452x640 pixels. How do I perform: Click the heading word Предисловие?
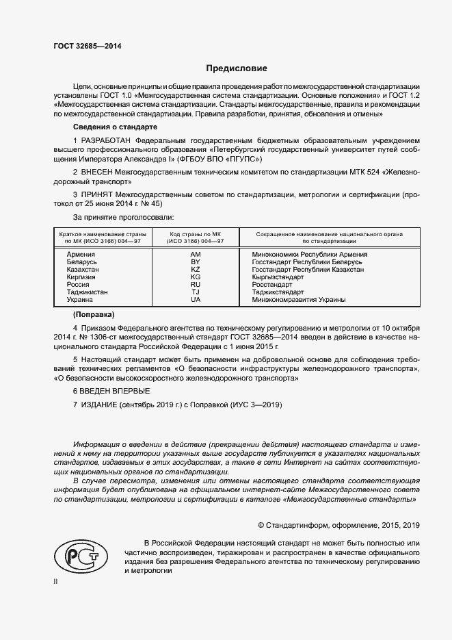tap(237, 68)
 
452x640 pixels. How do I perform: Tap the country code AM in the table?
tap(195, 255)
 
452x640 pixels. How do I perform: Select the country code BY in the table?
tap(195, 262)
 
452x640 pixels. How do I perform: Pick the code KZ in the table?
tap(195, 270)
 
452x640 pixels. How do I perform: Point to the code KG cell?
tap(195, 277)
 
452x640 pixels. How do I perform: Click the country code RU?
tap(195, 285)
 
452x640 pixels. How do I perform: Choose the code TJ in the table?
tap(195, 292)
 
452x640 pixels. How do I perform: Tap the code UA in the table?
tap(195, 300)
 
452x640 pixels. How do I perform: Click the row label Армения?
tap(81, 255)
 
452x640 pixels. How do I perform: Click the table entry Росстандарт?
tap(272, 285)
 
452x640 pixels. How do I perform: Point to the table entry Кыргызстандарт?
tap(278, 277)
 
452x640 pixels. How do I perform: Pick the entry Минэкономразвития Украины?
tap(299, 300)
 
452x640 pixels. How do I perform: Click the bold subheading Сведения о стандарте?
tap(115, 127)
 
